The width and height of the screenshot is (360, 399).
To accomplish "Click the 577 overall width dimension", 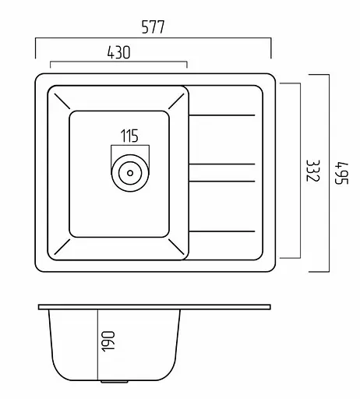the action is pyautogui.click(x=153, y=27).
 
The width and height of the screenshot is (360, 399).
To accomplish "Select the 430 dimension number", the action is pyautogui.click(x=118, y=52).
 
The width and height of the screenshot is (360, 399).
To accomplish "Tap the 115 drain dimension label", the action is pyautogui.click(x=129, y=136).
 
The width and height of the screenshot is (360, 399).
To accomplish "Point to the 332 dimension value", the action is pyautogui.click(x=313, y=171).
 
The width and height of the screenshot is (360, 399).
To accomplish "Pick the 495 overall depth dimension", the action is pyautogui.click(x=341, y=173).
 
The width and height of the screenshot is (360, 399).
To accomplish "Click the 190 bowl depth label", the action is pyautogui.click(x=108, y=341).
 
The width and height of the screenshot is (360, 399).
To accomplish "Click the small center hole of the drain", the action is pyautogui.click(x=130, y=173).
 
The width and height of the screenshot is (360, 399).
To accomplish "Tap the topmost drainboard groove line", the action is pyautogui.click(x=222, y=115).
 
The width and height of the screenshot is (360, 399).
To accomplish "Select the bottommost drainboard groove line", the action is pyautogui.click(x=222, y=231).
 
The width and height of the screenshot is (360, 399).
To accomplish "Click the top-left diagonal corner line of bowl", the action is pyautogui.click(x=62, y=101).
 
